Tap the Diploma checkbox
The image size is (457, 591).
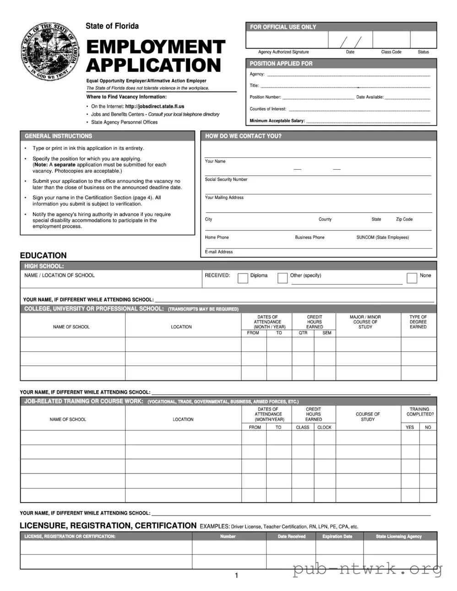pos(243,278)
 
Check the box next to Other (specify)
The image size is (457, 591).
pos(283,278)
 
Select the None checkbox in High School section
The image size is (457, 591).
pos(412,278)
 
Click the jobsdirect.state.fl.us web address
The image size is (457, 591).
pos(154,106)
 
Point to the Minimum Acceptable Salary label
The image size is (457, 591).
pos(277,121)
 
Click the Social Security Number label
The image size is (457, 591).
pos(226,179)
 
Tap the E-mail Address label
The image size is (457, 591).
pos(218,252)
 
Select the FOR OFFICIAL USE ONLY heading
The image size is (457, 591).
pos(283,27)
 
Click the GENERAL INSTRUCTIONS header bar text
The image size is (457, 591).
pos(58,136)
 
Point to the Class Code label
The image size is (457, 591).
pos(391,52)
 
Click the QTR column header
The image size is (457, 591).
pos(303,333)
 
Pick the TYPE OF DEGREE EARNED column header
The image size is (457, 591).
pos(418,322)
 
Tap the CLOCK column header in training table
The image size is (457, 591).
pos(324,427)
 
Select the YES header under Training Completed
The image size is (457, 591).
pos(410,427)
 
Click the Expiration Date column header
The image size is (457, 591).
pos(337,537)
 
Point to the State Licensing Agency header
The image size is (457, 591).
pos(398,537)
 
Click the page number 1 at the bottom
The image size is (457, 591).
pos(236,575)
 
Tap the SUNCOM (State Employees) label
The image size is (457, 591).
pos(382,237)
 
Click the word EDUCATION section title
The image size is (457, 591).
pos(44,255)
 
